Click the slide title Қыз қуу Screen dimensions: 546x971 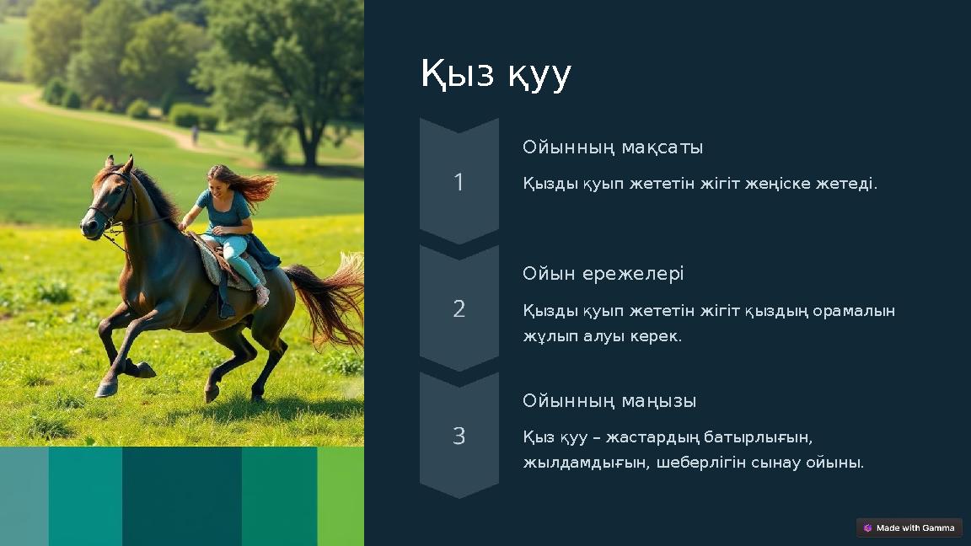pyautogui.click(x=496, y=75)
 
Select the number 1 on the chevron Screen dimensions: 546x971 pyautogui.click(x=459, y=183)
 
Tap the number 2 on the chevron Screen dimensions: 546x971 pyautogui.click(x=459, y=309)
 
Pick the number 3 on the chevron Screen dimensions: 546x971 pyautogui.click(x=459, y=436)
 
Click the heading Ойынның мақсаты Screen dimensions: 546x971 pyautogui.click(x=612, y=147)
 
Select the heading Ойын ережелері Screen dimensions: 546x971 pyautogui.click(x=603, y=274)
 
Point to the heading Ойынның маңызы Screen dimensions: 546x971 pyautogui.click(x=609, y=401)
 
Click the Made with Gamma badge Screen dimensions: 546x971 pyautogui.click(x=909, y=528)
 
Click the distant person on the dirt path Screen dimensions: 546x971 pyautogui.click(x=195, y=133)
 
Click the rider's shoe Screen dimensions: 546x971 pyautogui.click(x=262, y=297)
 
